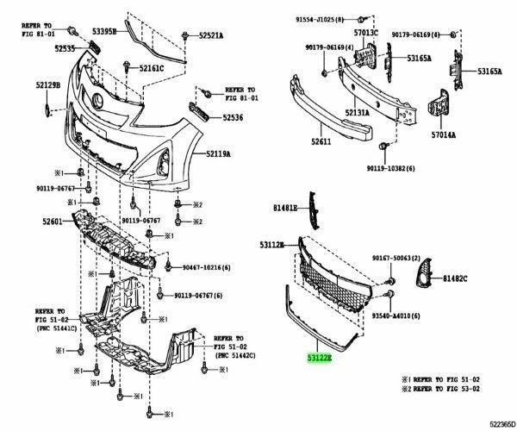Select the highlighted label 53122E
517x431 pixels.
(321, 355)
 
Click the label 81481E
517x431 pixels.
(285, 209)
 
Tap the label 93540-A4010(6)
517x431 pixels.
(396, 316)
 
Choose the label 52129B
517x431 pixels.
(48, 85)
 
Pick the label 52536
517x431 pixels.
(234, 116)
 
